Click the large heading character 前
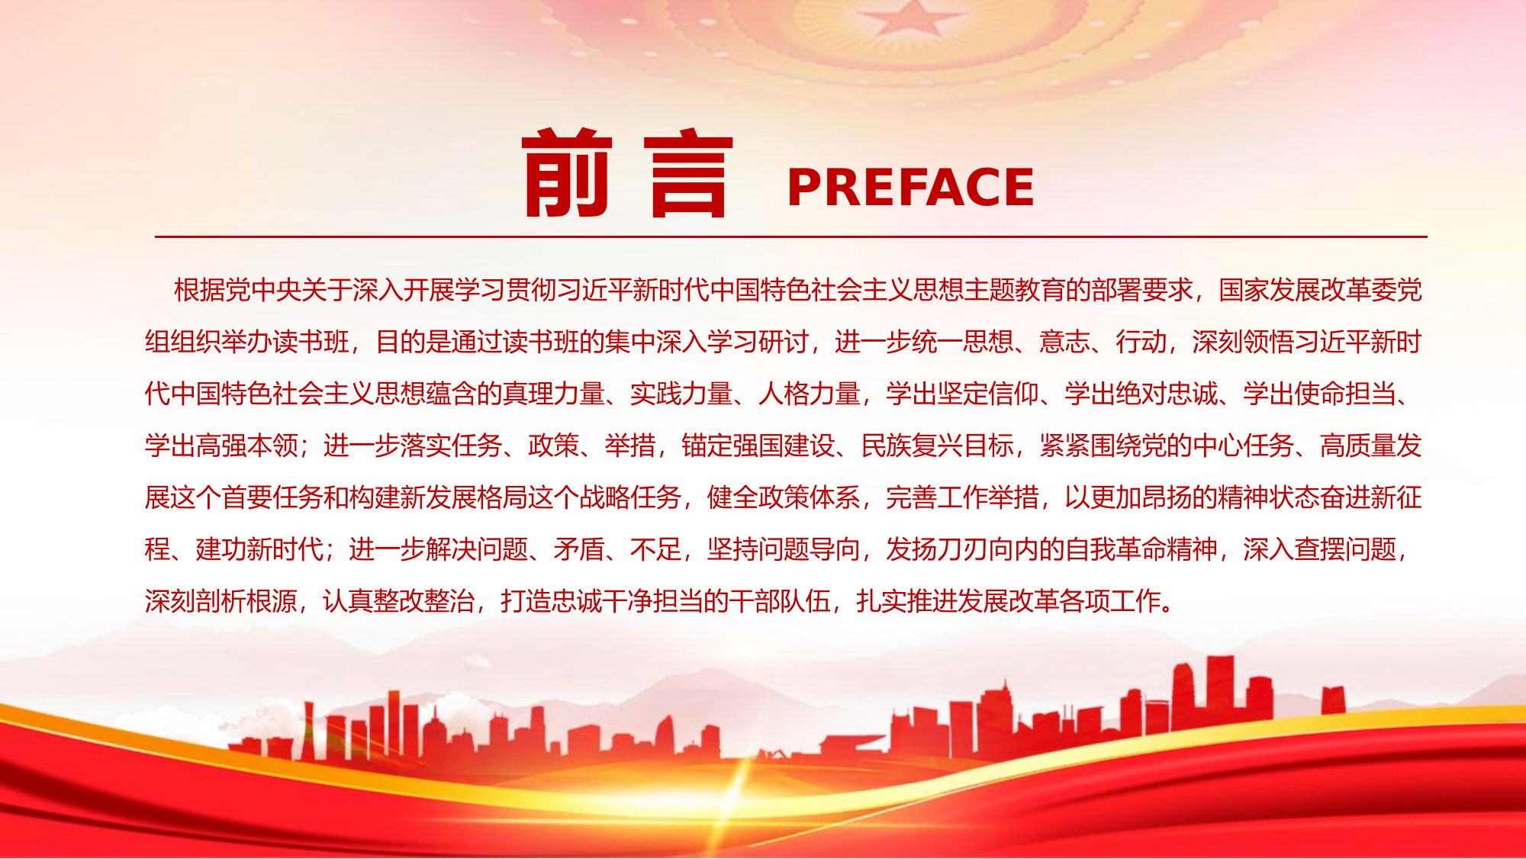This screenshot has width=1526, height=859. [567, 173]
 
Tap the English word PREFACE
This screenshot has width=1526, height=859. [910, 188]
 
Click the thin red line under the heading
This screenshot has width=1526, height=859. [790, 237]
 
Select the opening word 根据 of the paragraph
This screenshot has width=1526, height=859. [200, 291]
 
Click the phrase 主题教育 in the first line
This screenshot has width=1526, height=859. [1015, 291]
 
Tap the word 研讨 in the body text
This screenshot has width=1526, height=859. [783, 343]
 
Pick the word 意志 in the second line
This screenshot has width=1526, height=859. [1064, 343]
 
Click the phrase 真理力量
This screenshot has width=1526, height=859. [554, 394]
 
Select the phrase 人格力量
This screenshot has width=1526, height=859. [810, 394]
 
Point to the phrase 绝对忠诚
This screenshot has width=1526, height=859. [1167, 394]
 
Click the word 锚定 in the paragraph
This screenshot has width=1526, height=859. [707, 446]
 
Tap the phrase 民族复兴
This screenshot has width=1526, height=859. [912, 446]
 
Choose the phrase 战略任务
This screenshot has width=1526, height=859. [630, 498]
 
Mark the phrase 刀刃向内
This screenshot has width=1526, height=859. [962, 550]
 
